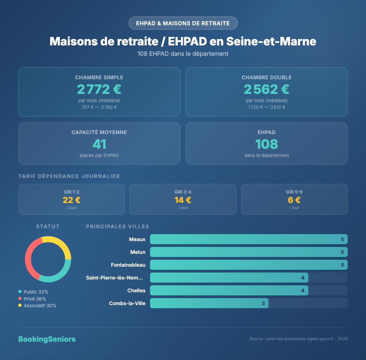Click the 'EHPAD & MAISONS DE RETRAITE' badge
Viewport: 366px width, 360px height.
click(183, 23)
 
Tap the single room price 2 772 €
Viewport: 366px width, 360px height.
click(99, 89)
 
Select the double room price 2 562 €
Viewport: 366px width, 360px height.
click(267, 89)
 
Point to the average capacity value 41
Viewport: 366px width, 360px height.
click(99, 144)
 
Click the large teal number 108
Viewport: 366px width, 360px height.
click(267, 144)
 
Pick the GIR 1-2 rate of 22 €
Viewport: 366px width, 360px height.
click(72, 200)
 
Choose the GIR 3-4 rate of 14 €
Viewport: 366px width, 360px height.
click(183, 200)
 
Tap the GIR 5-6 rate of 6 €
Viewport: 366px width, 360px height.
click(294, 200)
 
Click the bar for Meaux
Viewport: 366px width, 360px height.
click(249, 239)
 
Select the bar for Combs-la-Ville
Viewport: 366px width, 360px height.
click(209, 303)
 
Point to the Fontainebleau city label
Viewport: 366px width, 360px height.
click(128, 265)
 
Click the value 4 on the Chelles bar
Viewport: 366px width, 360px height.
click(303, 290)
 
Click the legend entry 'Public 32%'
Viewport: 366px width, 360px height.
click(33, 292)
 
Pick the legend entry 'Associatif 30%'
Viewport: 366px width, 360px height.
click(37, 305)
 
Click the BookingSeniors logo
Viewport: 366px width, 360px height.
click(47, 339)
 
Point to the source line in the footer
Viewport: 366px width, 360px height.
click(298, 339)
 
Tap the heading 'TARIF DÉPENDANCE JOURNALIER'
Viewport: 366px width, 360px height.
click(69, 176)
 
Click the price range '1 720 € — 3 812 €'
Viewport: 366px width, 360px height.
click(267, 107)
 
